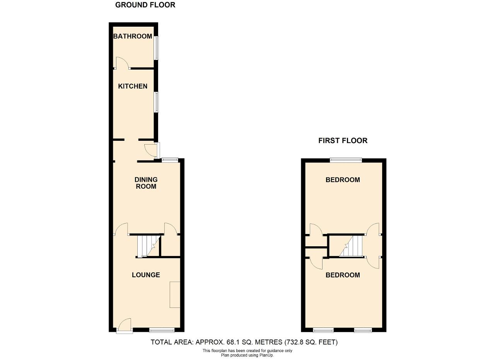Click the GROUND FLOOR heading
point(145,5)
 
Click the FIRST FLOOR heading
point(343,140)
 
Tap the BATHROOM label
point(133,36)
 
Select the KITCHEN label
point(133,86)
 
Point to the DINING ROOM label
point(146,183)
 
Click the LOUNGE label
point(146,275)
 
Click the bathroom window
point(157,48)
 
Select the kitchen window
point(157,102)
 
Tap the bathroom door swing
point(122,63)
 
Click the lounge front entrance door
point(125,326)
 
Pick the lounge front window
point(162,330)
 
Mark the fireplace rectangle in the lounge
point(175,295)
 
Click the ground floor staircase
point(148,246)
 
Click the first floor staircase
point(351,246)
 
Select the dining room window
point(170,160)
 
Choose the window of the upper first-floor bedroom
point(346,160)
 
